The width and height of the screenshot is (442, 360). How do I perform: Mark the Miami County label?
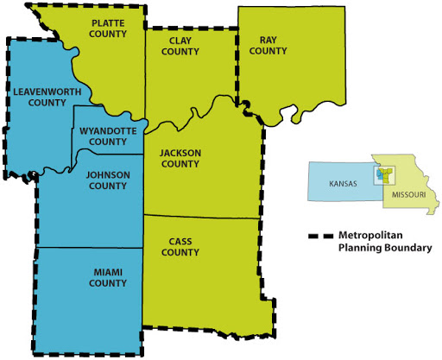coord(107,277)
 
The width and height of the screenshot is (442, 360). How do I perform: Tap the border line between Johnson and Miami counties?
coord(90,248)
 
